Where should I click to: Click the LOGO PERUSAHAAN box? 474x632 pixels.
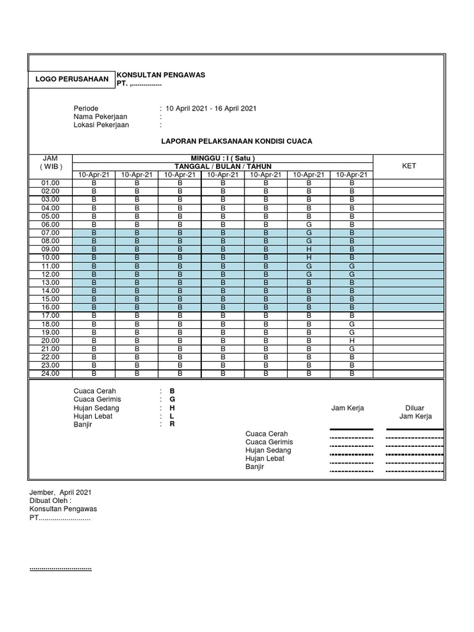(72, 79)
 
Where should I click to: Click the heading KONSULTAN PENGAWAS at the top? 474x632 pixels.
(160, 75)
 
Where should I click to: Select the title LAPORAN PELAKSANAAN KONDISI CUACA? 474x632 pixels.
(237, 141)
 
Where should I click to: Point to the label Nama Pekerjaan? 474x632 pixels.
(98, 117)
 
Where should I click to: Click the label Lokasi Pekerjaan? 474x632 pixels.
(101, 125)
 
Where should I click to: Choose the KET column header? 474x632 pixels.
(409, 166)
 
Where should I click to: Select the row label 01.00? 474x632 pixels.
(51, 183)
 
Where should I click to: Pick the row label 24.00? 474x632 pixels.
(51, 373)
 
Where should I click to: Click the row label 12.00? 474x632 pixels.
(51, 274)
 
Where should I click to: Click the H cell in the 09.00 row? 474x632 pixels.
(309, 249)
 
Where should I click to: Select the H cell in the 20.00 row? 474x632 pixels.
(352, 340)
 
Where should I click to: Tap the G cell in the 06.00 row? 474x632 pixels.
(309, 225)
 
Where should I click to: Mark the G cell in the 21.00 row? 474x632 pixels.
(352, 349)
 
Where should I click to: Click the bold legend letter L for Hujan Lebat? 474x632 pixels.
(173, 417)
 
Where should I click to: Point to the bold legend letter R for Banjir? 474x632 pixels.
(173, 425)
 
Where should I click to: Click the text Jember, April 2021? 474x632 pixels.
(60, 493)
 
